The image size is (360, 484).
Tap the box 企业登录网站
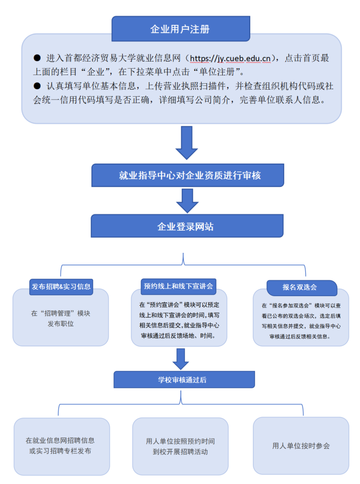point(186,226)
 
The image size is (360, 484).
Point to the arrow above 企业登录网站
point(187,200)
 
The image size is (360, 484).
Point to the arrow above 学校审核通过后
point(179,358)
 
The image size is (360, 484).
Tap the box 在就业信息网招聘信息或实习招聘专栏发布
point(61,446)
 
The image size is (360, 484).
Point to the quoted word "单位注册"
point(225,72)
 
